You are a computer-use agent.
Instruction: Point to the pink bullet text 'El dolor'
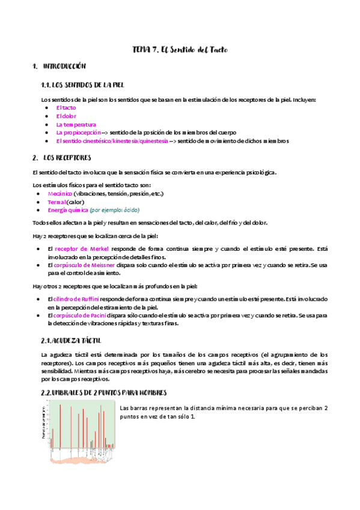tap(66, 116)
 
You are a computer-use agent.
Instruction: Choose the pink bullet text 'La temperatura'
tap(76, 124)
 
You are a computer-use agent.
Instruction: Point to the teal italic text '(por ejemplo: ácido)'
tap(114, 210)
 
